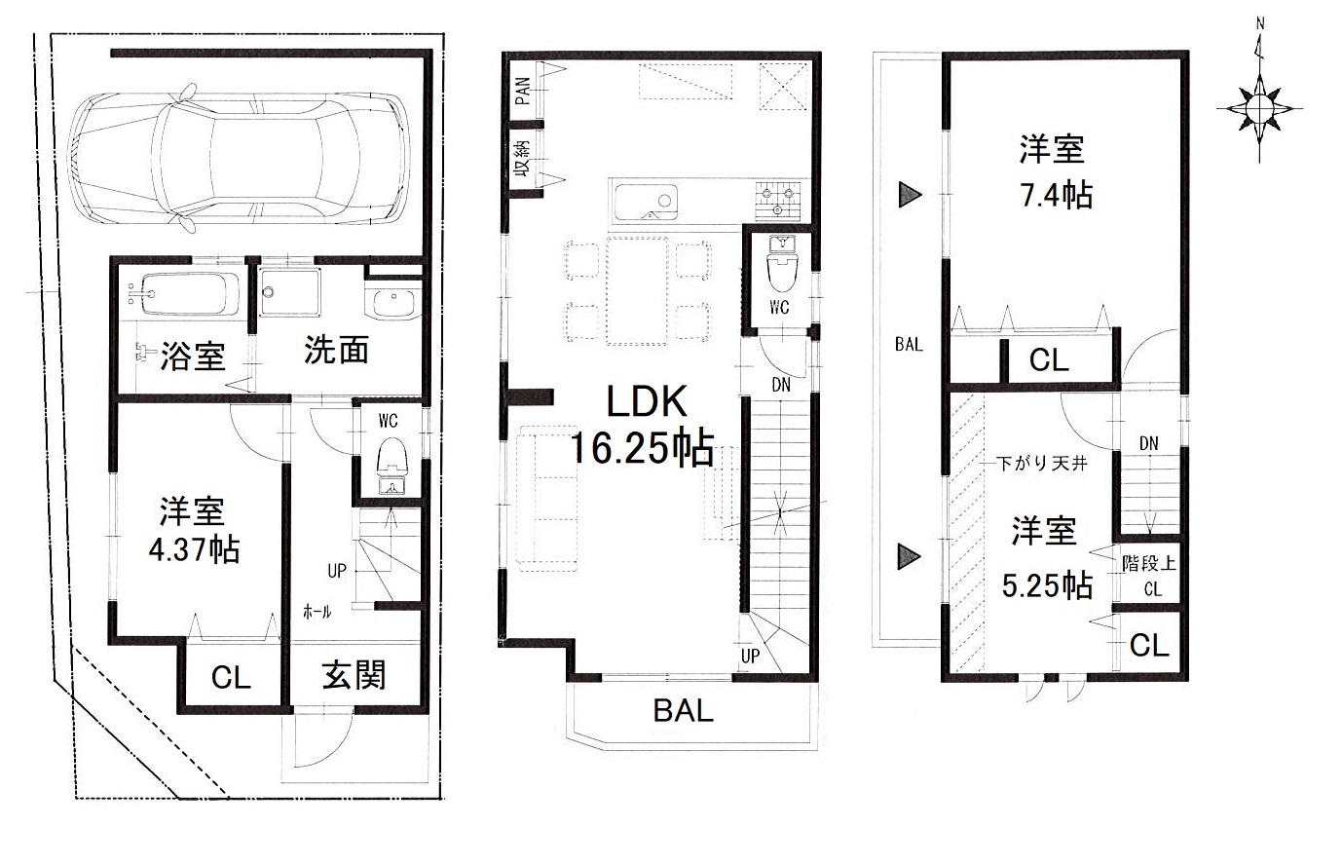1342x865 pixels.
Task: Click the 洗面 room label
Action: click(x=336, y=350)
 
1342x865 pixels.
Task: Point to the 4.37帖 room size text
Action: click(x=194, y=549)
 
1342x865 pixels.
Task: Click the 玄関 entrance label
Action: click(x=354, y=676)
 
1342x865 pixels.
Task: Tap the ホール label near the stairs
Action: click(x=317, y=612)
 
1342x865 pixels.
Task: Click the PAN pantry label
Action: click(x=523, y=91)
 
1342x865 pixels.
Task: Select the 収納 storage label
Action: click(x=522, y=159)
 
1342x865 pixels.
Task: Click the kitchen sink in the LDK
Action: click(x=646, y=202)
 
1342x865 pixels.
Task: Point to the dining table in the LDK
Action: click(x=637, y=290)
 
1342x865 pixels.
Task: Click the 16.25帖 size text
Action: click(x=642, y=448)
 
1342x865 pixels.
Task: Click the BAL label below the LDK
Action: click(x=683, y=711)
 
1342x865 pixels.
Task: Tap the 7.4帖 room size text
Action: click(x=1057, y=195)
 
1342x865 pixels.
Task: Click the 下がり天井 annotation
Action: click(x=1042, y=464)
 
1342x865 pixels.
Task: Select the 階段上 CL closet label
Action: click(x=1149, y=576)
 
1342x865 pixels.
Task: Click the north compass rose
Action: click(x=1260, y=108)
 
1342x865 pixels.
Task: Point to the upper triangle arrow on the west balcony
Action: click(x=910, y=195)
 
